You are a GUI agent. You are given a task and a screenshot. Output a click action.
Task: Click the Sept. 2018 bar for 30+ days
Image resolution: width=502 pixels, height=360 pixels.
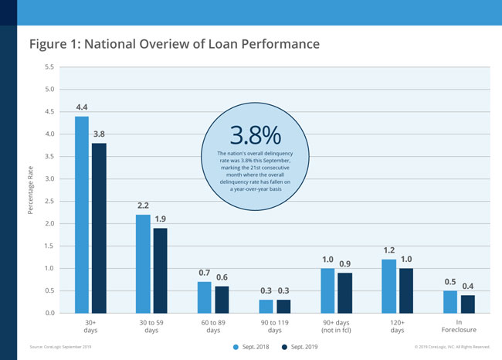click(82, 215)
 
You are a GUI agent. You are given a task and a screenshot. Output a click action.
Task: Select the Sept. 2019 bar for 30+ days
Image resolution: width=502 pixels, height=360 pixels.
click(99, 228)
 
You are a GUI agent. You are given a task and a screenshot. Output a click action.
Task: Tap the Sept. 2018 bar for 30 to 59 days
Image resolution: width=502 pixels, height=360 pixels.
click(143, 263)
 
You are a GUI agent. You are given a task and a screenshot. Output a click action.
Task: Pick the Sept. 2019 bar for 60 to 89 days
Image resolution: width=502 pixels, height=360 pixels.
click(222, 300)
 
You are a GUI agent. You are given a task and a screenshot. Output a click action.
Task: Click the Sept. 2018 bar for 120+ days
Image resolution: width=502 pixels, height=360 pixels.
click(390, 286)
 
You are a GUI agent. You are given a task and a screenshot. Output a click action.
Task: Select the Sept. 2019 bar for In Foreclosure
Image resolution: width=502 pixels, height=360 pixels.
click(468, 304)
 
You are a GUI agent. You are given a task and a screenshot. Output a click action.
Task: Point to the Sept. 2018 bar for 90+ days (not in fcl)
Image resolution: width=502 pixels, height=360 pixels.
click(328, 290)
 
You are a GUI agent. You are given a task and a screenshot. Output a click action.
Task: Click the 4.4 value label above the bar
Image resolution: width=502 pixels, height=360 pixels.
click(82, 107)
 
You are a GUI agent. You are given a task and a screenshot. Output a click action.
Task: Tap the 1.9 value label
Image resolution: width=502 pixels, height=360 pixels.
click(161, 219)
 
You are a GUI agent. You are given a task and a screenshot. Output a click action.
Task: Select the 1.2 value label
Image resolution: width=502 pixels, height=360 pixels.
click(390, 250)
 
